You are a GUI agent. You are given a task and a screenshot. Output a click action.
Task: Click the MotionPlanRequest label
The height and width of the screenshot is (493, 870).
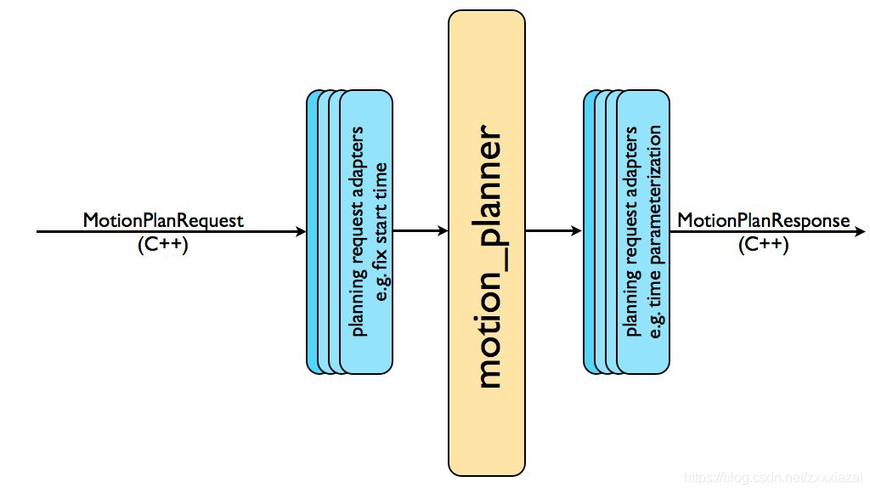pyautogui.click(x=163, y=220)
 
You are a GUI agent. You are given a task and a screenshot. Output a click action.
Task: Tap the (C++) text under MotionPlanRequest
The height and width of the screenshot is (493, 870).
pyautogui.click(x=162, y=245)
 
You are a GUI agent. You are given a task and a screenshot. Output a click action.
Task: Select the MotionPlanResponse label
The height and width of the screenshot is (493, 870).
pyautogui.click(x=763, y=220)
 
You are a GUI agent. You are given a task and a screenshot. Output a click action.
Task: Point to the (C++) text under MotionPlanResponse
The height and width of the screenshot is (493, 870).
pyautogui.click(x=763, y=245)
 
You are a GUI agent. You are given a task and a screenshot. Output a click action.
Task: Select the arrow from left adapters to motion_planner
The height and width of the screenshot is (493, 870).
pyautogui.click(x=421, y=231)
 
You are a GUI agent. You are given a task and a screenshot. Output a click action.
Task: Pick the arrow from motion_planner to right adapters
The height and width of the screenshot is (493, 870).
pyautogui.click(x=554, y=231)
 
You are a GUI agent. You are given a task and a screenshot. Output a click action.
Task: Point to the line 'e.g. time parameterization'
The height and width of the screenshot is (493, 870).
pyautogui.click(x=656, y=231)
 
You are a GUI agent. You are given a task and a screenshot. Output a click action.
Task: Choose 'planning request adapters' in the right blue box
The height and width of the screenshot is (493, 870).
pyautogui.click(x=633, y=231)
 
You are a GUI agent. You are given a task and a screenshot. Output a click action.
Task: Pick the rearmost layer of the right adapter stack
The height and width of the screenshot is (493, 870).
pyautogui.click(x=588, y=231)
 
